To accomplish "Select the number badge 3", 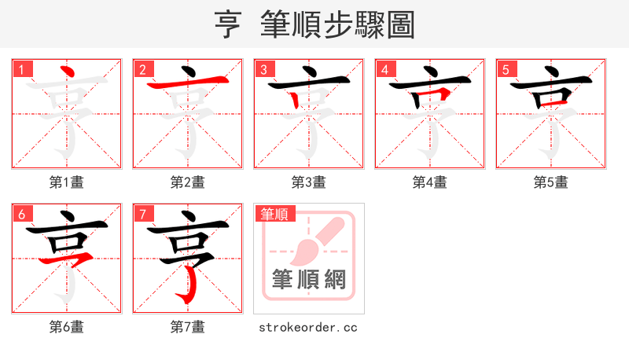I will [265, 69].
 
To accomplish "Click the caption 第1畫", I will [67, 182].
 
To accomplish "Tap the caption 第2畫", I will [188, 182].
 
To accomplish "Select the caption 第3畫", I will [309, 182].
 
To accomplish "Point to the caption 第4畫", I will [430, 182].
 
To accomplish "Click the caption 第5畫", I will [551, 182].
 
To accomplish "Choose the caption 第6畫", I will [67, 327].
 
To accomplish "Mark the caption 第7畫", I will [188, 327].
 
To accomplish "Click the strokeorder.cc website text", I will [308, 327].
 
